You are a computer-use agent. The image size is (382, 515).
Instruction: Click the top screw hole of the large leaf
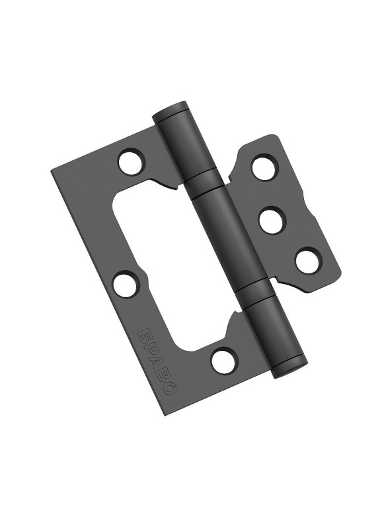point(132,162)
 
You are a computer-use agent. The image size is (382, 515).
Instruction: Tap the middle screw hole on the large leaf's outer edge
point(126,284)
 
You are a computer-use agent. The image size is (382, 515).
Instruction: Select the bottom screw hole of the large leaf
point(225,361)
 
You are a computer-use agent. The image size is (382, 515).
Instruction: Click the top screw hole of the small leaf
point(265,167)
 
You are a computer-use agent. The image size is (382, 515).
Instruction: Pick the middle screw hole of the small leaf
point(272,219)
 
